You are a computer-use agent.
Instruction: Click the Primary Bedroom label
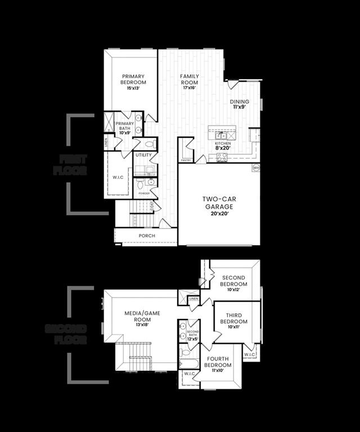133,79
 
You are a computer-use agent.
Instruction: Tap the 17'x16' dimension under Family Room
190,88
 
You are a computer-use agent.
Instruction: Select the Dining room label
240,102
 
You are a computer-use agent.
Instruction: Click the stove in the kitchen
222,157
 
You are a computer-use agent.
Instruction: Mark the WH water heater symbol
256,168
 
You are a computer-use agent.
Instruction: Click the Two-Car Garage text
219,202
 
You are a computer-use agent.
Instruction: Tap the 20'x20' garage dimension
219,214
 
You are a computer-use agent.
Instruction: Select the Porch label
147,236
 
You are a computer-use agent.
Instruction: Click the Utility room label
143,155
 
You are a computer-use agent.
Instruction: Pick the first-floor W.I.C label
118,178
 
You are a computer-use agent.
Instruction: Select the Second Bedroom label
233,281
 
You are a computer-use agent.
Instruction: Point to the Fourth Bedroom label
218,361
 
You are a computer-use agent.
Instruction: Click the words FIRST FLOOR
70,165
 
